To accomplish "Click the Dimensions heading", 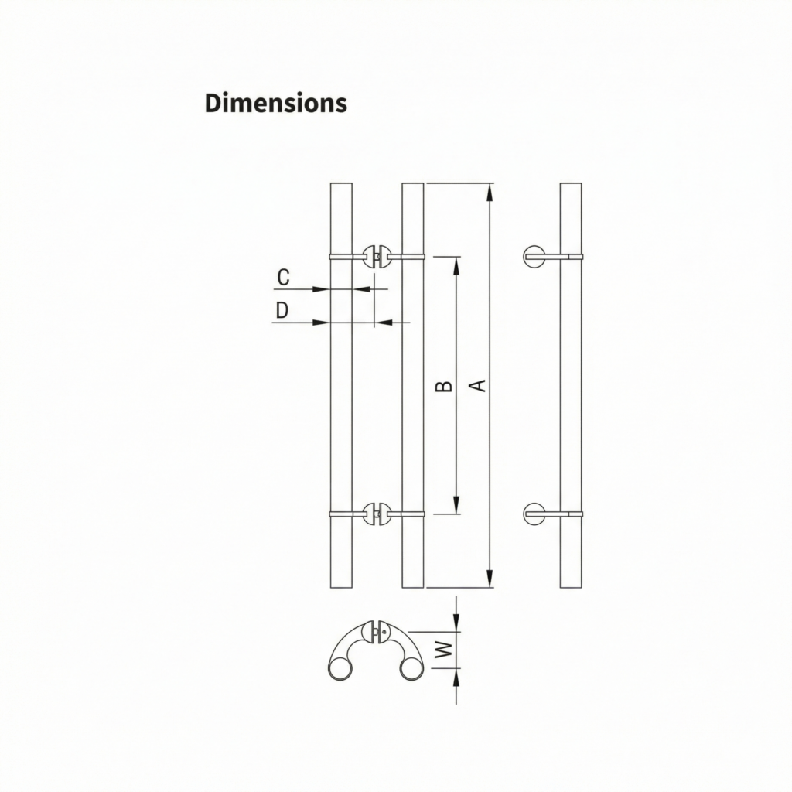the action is [276, 103].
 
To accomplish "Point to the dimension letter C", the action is [283, 277].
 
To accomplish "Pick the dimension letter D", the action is [282, 310].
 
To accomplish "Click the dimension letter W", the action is [443, 649].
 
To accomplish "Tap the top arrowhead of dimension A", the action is [489, 192].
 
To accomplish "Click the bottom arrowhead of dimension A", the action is [489, 579].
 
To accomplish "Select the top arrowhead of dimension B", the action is [456, 266].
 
